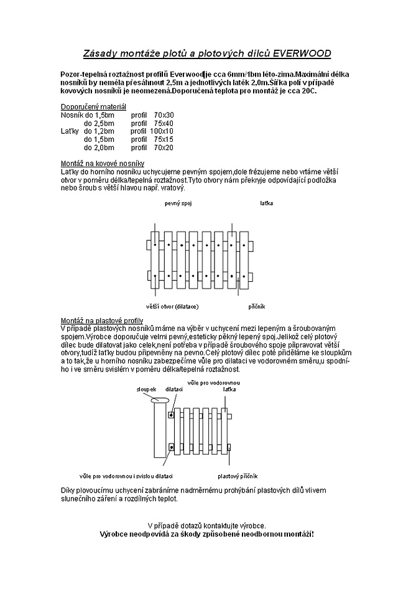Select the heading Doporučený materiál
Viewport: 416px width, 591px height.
pyautogui.click(x=93, y=107)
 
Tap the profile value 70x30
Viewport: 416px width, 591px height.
pyautogui.click(x=164, y=115)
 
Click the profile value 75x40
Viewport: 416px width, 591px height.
pyautogui.click(x=164, y=123)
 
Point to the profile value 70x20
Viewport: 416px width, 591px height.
pyautogui.click(x=164, y=147)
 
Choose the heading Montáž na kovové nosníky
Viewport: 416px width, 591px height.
pyautogui.click(x=102, y=163)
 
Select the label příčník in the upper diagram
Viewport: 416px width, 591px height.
pyautogui.click(x=256, y=306)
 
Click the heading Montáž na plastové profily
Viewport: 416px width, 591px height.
pyautogui.click(x=103, y=320)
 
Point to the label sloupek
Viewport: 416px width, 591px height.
pyautogui.click(x=146, y=389)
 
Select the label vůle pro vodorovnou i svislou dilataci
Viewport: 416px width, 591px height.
pyautogui.click(x=126, y=476)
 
